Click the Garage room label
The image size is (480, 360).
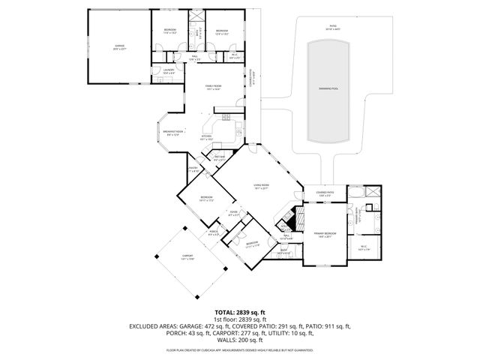(121, 47)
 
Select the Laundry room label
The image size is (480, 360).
(169, 71)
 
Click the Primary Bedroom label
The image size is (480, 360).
(324, 235)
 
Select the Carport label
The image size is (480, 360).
(187, 257)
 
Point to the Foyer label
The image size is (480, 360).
(233, 214)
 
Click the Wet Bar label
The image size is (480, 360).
(219, 158)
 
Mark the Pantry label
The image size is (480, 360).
(193, 169)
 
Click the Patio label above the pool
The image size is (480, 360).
(331, 28)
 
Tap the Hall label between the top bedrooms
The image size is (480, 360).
(193, 58)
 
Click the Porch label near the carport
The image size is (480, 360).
(213, 233)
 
